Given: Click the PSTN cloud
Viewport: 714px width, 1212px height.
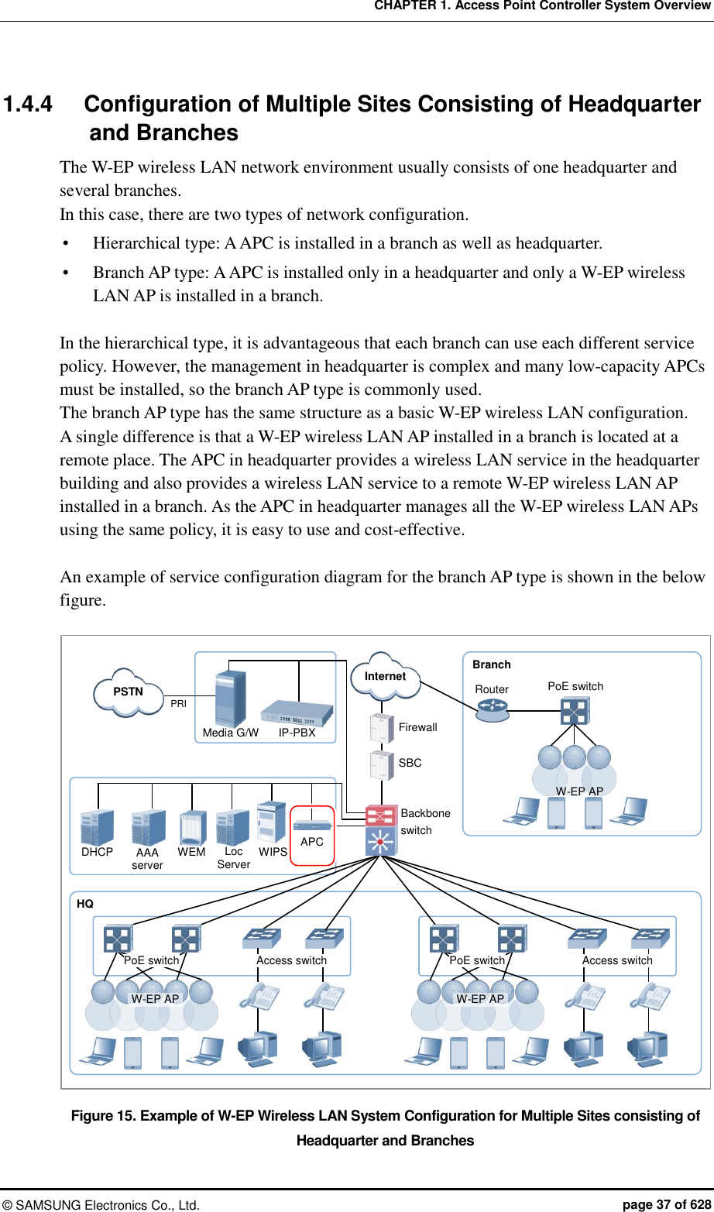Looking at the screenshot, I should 129,692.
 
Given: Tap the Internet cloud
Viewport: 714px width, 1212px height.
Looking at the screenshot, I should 385,676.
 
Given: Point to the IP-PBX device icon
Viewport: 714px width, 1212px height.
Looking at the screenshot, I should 297,712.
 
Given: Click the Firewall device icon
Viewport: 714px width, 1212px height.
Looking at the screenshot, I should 382,728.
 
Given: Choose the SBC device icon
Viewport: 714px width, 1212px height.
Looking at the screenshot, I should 382,764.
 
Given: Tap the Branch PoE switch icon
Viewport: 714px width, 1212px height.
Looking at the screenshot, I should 575,710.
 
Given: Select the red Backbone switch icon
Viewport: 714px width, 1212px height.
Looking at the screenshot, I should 381,816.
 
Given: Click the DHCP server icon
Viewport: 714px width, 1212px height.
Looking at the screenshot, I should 97,826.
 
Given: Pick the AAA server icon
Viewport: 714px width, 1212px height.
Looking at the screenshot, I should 148,827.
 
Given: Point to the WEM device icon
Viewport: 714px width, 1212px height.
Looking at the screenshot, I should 192,827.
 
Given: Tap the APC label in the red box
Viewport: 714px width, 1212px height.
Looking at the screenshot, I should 312,842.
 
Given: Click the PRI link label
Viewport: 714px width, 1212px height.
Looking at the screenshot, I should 179,704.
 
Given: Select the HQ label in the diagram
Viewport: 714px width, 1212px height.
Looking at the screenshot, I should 85,904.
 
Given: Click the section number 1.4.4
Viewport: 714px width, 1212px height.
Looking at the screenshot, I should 29,105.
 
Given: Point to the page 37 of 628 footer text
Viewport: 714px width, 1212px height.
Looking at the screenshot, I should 666,1204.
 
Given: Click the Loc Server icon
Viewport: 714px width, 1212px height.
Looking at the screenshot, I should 232,827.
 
